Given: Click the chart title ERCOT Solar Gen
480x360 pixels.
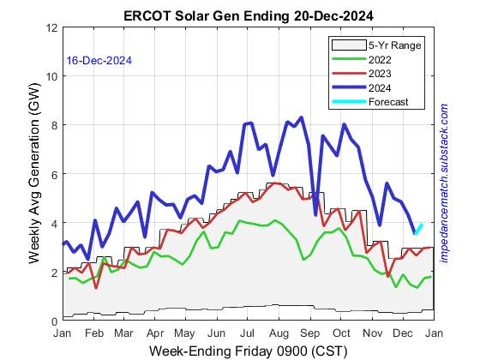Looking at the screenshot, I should [x=248, y=15].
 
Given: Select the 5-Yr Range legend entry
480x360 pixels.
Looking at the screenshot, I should [x=382, y=45].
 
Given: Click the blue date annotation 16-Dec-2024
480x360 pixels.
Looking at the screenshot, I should [x=99, y=61].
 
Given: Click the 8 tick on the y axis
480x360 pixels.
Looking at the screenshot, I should [x=55, y=125].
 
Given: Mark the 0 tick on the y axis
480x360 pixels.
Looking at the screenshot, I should [x=55, y=321].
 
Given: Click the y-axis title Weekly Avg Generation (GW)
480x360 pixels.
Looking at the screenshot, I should [x=34, y=174].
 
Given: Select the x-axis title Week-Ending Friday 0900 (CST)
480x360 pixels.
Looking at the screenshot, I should [x=248, y=350].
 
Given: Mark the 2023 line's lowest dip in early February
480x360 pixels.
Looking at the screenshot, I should [x=96, y=287].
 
